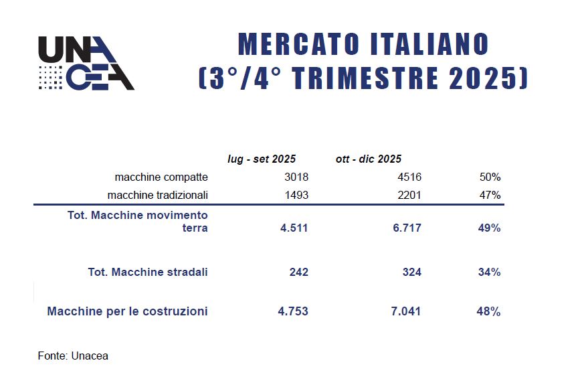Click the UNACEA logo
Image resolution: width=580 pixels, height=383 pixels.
[86, 64]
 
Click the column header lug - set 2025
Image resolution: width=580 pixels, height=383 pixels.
[262, 159]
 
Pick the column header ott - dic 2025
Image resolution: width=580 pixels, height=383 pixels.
[368, 159]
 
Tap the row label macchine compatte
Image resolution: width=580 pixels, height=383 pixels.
[161, 177]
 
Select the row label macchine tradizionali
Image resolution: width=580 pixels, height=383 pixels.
[158, 195]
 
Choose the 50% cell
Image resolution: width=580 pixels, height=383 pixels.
[489, 177]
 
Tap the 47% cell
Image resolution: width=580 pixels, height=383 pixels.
[489, 195]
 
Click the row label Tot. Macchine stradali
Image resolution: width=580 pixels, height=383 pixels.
[148, 272]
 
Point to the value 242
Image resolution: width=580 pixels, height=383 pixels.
[299, 272]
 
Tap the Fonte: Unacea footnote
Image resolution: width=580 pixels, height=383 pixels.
[73, 356]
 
